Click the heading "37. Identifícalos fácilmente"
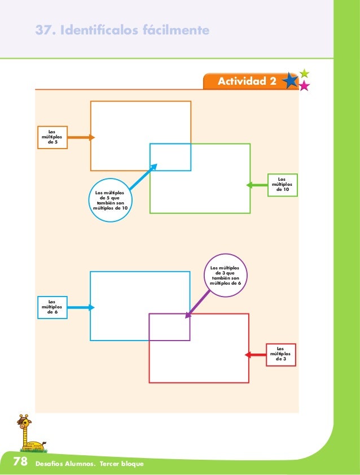pyautogui.click(x=122, y=29)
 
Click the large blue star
pyautogui.click(x=291, y=81)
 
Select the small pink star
pyautogui.click(x=304, y=86)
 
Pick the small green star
pyautogui.click(x=305, y=73)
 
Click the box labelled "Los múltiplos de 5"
pyautogui.click(x=52, y=137)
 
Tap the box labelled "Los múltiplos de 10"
pyautogui.click(x=282, y=185)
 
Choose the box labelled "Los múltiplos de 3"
pyautogui.click(x=281, y=355)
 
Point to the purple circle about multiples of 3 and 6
pyautogui.click(x=225, y=274)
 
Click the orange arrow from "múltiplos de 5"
pyautogui.click(x=81, y=137)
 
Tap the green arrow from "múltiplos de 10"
pyautogui.click(x=257, y=185)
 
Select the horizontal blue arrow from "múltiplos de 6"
pyautogui.click(x=81, y=307)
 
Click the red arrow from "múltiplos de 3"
pyautogui.click(x=256, y=355)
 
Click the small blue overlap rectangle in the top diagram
pyautogui.click(x=170, y=157)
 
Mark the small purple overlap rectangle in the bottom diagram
pyautogui.click(x=169, y=327)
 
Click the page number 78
pyautogui.click(x=21, y=463)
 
